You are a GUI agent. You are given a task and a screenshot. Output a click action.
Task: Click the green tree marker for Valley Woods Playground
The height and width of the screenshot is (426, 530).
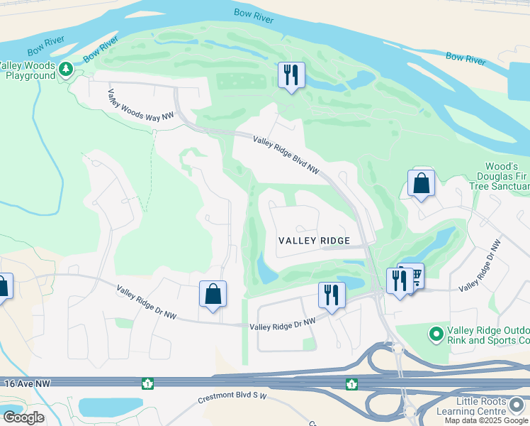coord(66,70)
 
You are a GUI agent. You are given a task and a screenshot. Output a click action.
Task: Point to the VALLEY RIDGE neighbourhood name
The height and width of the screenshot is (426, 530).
coord(314,241)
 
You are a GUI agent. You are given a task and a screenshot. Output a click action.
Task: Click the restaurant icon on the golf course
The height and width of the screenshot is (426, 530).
coord(291,75)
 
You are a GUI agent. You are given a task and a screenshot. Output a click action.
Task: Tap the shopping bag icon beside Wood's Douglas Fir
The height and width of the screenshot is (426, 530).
coord(421,183)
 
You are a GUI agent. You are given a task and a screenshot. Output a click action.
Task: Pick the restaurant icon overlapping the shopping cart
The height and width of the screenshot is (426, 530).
coord(399,281)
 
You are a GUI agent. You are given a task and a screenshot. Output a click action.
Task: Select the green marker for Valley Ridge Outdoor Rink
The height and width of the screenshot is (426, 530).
coord(436,332)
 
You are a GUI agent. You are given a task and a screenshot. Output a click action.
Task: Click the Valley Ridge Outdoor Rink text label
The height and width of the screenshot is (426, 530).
coord(489,336)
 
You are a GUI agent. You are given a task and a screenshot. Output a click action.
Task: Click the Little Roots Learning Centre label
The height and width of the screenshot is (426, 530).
coord(482,407)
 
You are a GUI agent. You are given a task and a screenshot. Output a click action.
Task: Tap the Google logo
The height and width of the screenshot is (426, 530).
coord(23,417)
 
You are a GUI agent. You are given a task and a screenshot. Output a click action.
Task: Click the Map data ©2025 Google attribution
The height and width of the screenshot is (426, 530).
coord(485,420)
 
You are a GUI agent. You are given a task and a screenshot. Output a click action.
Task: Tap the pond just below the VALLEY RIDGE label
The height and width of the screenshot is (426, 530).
coord(265,269)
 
